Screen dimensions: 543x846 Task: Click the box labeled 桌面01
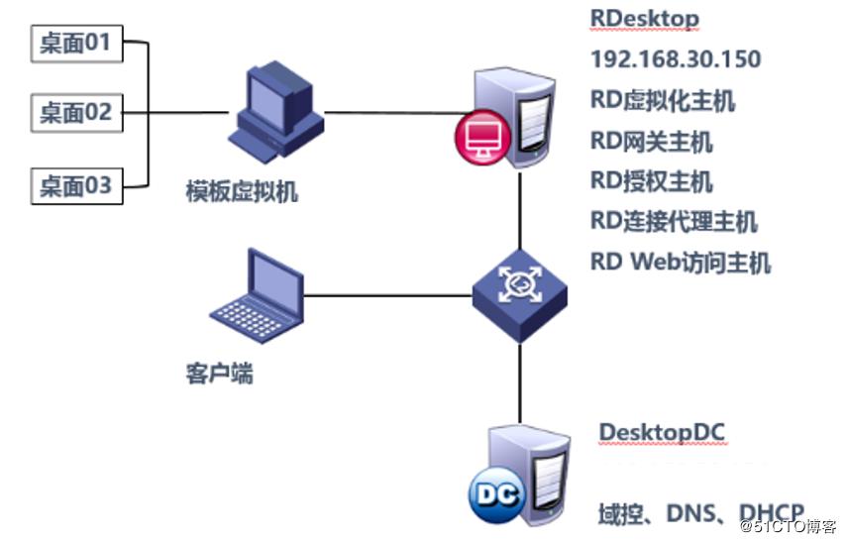(76, 43)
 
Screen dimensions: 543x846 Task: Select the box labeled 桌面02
(76, 113)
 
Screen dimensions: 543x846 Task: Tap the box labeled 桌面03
(76, 186)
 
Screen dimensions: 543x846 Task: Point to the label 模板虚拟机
(242, 192)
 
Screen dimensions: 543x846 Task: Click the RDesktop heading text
(644, 18)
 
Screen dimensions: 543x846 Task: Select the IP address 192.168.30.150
(676, 59)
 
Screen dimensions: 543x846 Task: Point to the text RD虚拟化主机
(663, 100)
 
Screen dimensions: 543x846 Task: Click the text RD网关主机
(651, 141)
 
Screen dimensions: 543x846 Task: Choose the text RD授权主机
(651, 181)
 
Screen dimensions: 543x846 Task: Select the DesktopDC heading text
(662, 433)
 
